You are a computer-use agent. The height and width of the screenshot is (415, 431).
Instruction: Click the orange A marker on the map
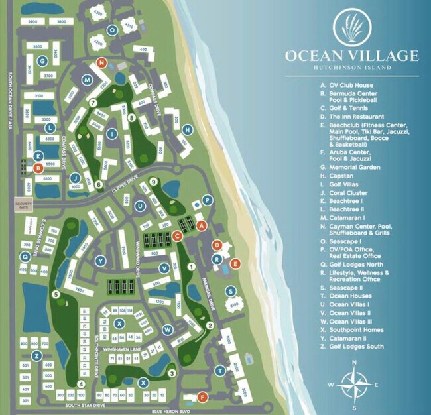pos(203,225)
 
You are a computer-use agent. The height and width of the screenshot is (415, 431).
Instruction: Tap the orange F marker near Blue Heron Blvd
pos(203,397)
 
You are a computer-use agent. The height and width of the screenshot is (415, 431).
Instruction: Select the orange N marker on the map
pos(101,62)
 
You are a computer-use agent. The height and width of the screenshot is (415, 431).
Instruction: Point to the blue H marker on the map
pos(188,129)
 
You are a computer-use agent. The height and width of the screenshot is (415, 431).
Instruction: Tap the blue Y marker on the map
pos(101,260)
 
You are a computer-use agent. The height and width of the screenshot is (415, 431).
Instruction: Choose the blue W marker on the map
pos(168,329)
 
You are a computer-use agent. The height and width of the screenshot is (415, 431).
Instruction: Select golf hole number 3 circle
pos(171,373)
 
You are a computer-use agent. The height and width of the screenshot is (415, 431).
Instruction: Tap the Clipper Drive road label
pos(128,190)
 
